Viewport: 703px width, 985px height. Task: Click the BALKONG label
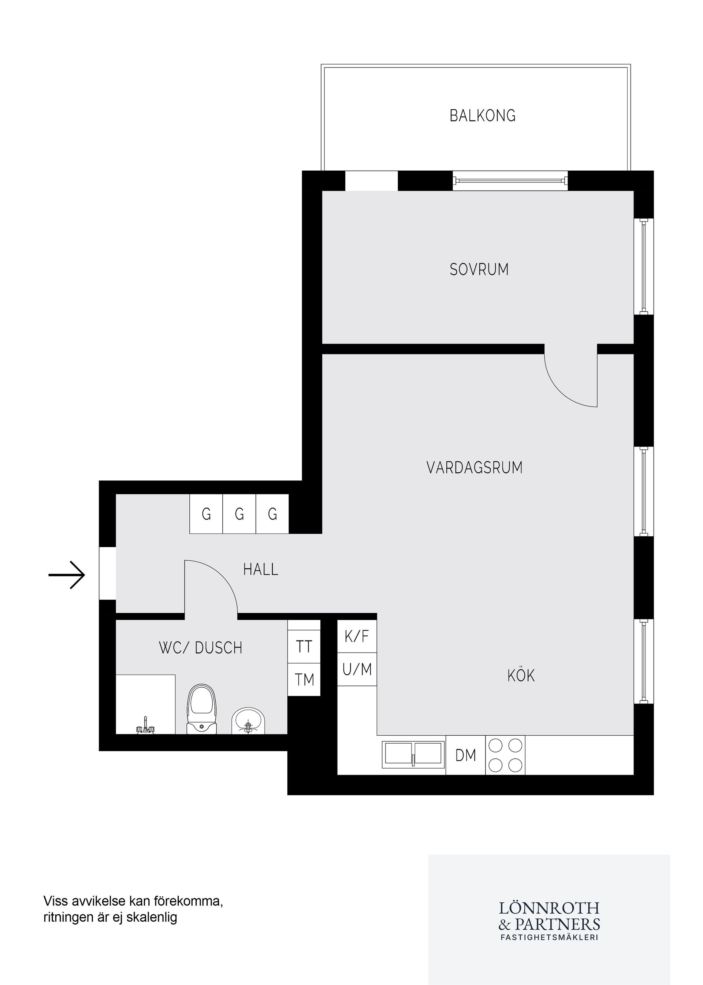pyautogui.click(x=482, y=116)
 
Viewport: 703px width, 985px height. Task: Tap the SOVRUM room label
pyautogui.click(x=479, y=270)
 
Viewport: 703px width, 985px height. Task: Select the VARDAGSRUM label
pyautogui.click(x=475, y=468)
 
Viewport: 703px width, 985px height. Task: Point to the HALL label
pyautogui.click(x=261, y=569)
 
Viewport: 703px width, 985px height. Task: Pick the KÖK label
pyautogui.click(x=521, y=676)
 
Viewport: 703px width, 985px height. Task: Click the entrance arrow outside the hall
pyautogui.click(x=67, y=575)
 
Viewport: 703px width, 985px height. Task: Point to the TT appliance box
pyautogui.click(x=304, y=647)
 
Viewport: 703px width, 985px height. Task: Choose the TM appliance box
pyautogui.click(x=304, y=680)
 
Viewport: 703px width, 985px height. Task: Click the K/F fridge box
pyautogui.click(x=357, y=636)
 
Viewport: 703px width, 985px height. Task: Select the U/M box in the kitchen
pyautogui.click(x=357, y=670)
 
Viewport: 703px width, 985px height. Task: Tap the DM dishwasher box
pyautogui.click(x=465, y=755)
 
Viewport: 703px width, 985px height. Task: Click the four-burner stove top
pyautogui.click(x=505, y=755)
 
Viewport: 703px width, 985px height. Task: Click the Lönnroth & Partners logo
pyautogui.click(x=549, y=921)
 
